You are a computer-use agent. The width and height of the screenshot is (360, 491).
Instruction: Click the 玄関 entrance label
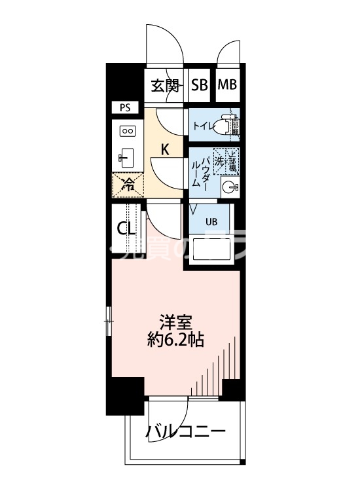tap(165, 85)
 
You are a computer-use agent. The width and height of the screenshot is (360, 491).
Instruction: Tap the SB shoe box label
tap(200, 85)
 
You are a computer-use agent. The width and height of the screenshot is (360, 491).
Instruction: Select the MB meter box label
tap(227, 85)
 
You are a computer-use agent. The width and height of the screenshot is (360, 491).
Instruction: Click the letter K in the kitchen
tap(166, 149)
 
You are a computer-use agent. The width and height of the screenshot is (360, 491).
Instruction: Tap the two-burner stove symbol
tap(127, 131)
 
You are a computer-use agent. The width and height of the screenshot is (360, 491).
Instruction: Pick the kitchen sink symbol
tap(126, 157)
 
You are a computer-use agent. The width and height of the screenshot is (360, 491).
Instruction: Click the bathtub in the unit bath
tap(211, 250)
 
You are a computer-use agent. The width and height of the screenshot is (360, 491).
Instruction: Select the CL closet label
tap(126, 228)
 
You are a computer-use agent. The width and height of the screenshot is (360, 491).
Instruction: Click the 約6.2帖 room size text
tap(175, 340)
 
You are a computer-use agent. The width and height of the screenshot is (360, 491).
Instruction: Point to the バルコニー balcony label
tap(186, 433)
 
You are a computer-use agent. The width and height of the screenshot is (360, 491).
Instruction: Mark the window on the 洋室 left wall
tap(109, 321)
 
